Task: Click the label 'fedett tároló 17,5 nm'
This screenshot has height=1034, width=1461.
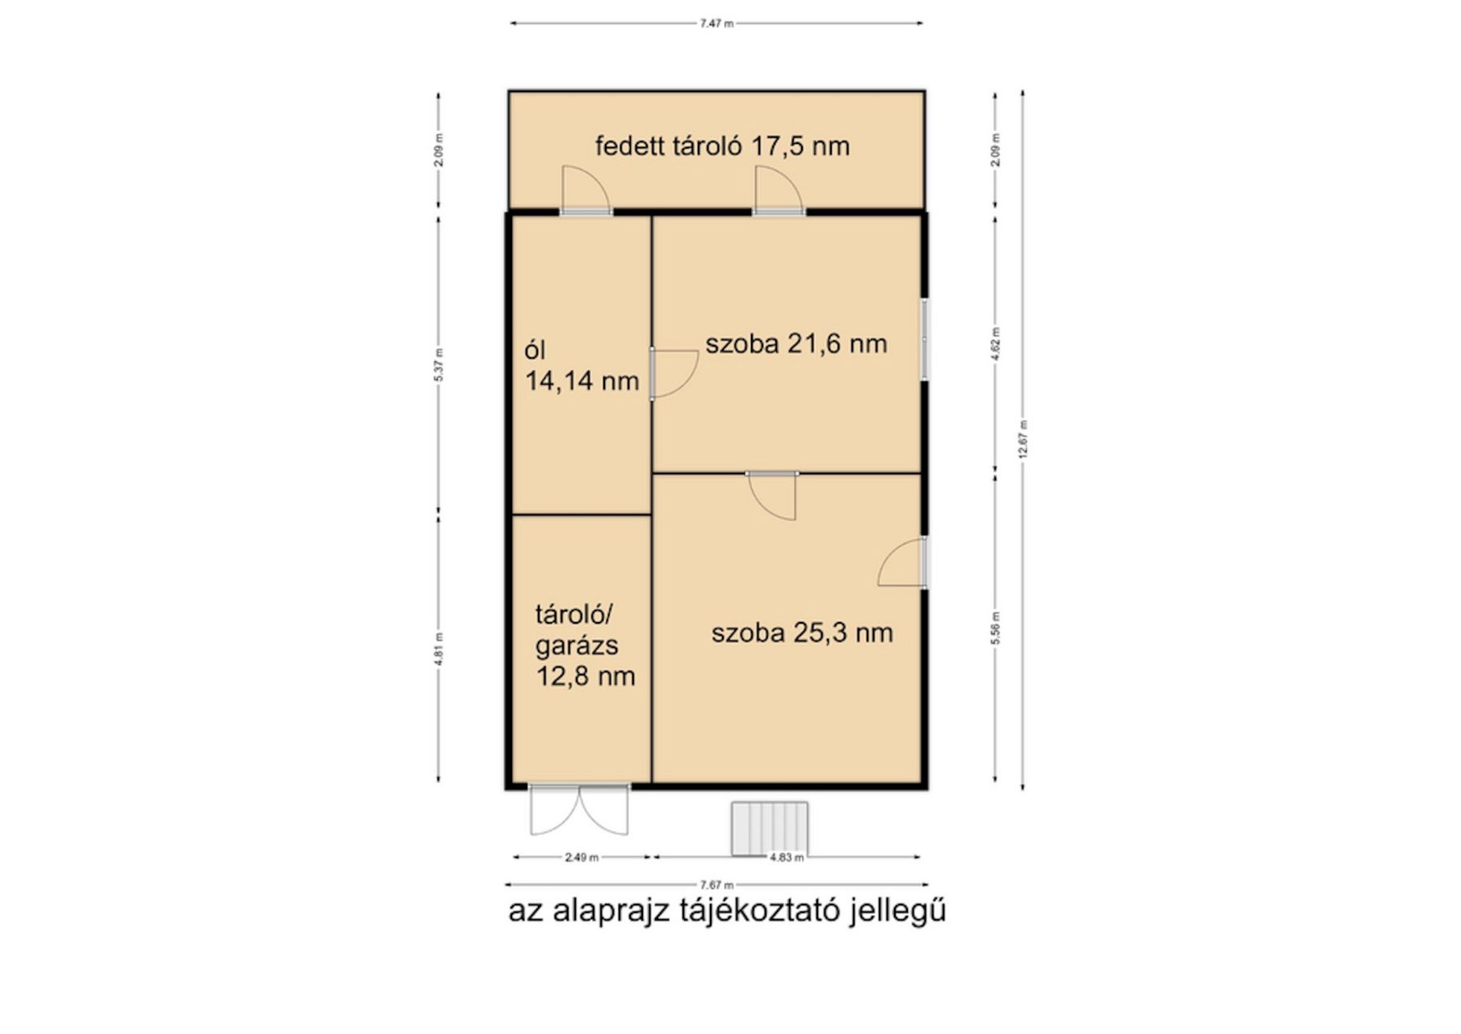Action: (x=722, y=146)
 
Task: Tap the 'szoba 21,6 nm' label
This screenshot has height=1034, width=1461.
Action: (x=796, y=344)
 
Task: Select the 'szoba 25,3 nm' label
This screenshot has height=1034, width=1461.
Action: (x=802, y=633)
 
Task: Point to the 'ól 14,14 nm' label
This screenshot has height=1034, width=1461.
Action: (x=581, y=366)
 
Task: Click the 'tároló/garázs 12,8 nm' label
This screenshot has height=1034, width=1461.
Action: (x=585, y=645)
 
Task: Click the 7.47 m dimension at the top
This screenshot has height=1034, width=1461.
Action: (x=716, y=23)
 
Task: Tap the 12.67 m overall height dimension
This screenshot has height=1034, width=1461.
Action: (x=1022, y=440)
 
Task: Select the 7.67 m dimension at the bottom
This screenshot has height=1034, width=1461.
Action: (x=716, y=885)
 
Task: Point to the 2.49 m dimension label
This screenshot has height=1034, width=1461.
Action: (x=581, y=857)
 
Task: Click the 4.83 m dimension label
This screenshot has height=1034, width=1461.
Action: (x=787, y=857)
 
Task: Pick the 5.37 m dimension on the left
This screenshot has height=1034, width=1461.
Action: (x=439, y=364)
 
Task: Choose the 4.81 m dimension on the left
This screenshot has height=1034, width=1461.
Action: (x=439, y=649)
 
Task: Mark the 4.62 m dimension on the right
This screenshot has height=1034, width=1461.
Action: (x=995, y=343)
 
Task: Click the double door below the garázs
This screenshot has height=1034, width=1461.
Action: (x=579, y=809)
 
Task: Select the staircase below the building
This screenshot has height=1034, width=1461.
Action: (x=770, y=828)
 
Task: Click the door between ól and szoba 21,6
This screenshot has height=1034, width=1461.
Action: (x=674, y=373)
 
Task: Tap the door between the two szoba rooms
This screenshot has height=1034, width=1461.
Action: (x=772, y=495)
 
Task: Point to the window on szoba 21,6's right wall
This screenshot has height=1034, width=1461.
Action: (x=926, y=340)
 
